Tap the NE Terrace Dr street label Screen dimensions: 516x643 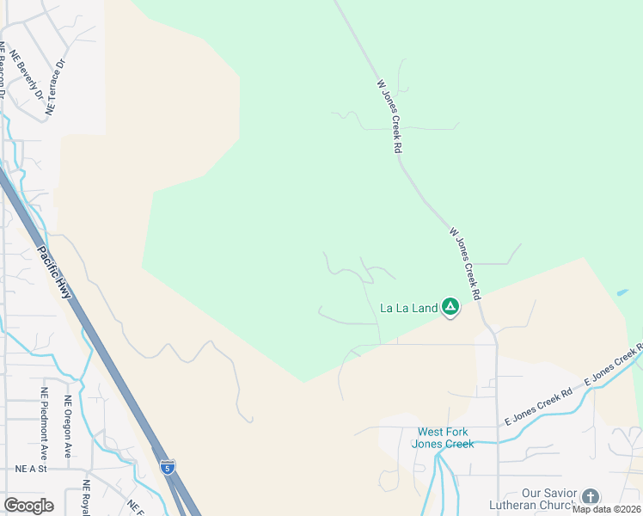[56, 88]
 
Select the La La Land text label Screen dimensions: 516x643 [408, 307]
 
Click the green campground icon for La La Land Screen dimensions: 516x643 [450, 307]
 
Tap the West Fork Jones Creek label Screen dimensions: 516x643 [443, 438]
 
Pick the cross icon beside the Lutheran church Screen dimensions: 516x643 [590, 496]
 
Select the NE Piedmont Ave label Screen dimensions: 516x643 [44, 423]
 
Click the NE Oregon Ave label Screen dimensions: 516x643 [68, 427]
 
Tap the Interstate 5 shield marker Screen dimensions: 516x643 [168, 467]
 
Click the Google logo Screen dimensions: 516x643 [28, 506]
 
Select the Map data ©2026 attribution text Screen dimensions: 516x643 [606, 509]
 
